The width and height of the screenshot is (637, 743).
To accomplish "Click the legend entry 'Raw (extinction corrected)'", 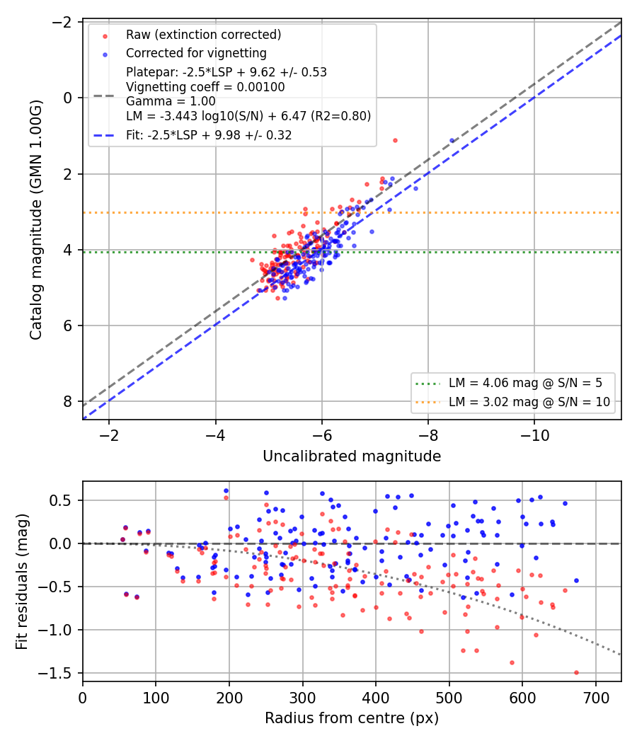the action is pos(203,35).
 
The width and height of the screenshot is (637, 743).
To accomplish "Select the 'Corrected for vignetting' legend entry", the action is pos(196,53).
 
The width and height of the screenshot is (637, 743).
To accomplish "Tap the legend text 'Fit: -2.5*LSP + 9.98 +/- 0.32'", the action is pos(209,135).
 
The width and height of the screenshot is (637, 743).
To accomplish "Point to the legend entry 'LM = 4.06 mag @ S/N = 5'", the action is pos(526,382).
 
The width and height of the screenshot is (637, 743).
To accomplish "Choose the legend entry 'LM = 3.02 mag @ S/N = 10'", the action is pos(529,402).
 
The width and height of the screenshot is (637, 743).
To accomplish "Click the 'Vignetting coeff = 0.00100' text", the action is pos(205,87).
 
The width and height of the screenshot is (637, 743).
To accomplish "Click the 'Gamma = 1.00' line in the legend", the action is pos(171,101).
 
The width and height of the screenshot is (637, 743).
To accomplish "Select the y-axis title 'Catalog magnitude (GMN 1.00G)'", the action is pos(36,220).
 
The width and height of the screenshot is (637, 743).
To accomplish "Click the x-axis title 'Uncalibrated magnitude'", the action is pos(352,456).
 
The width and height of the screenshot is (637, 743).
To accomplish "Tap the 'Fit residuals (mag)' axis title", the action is pos(22,582).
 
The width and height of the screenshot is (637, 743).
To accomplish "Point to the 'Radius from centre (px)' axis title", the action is pos(352,718).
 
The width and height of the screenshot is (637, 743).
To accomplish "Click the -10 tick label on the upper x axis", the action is pos(534,435).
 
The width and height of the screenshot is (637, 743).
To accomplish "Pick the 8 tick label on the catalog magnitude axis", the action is pos(67,401).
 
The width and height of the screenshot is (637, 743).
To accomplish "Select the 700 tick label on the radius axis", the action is pos(595,698).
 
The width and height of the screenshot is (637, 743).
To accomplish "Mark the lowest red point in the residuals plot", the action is pos(576,672).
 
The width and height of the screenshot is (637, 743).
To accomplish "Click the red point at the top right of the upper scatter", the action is pos(395,140).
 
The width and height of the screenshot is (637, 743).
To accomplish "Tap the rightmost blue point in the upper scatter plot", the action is pos(452,140).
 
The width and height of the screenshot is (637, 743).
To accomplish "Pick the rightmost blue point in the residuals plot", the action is pos(576,580).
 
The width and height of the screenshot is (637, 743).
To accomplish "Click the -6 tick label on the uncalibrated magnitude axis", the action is pos(322,435).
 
